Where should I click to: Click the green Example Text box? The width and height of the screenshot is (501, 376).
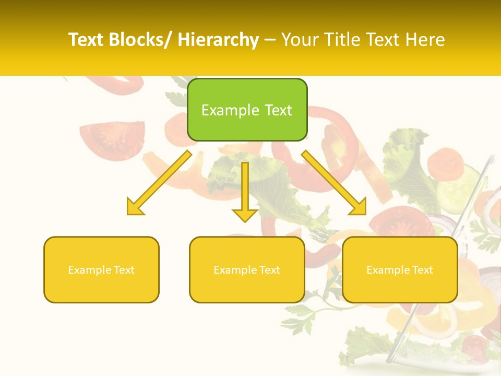click(x=247, y=110)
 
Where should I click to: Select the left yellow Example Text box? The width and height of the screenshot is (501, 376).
click(x=101, y=269)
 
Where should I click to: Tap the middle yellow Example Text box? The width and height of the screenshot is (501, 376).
click(x=247, y=269)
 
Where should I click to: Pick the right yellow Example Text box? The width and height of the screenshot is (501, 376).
click(x=400, y=269)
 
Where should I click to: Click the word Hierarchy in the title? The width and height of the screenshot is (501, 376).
click(x=218, y=40)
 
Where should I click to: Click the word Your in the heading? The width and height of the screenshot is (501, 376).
click(x=300, y=40)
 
